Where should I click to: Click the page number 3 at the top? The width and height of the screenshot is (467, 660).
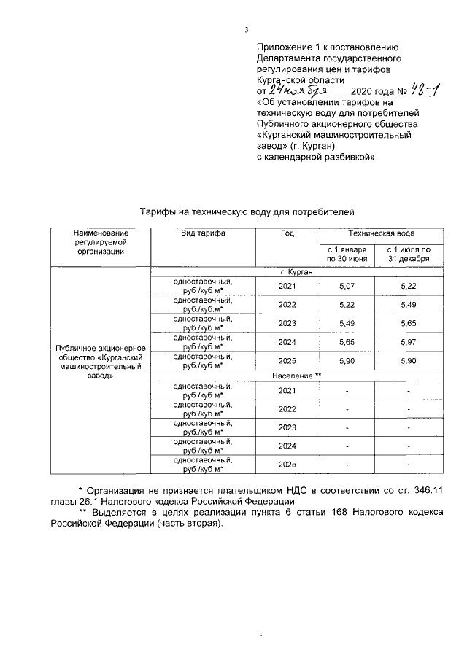[247, 30]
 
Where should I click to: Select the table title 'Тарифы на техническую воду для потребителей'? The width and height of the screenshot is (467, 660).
[247, 211]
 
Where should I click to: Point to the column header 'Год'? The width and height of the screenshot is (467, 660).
[287, 233]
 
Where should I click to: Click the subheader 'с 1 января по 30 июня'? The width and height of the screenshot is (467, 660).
[346, 255]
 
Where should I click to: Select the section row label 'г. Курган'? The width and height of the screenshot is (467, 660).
[296, 272]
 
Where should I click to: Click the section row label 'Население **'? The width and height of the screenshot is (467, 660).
[296, 376]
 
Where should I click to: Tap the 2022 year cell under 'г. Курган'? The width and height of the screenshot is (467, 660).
[287, 304]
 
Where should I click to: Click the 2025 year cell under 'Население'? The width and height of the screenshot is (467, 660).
[287, 465]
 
